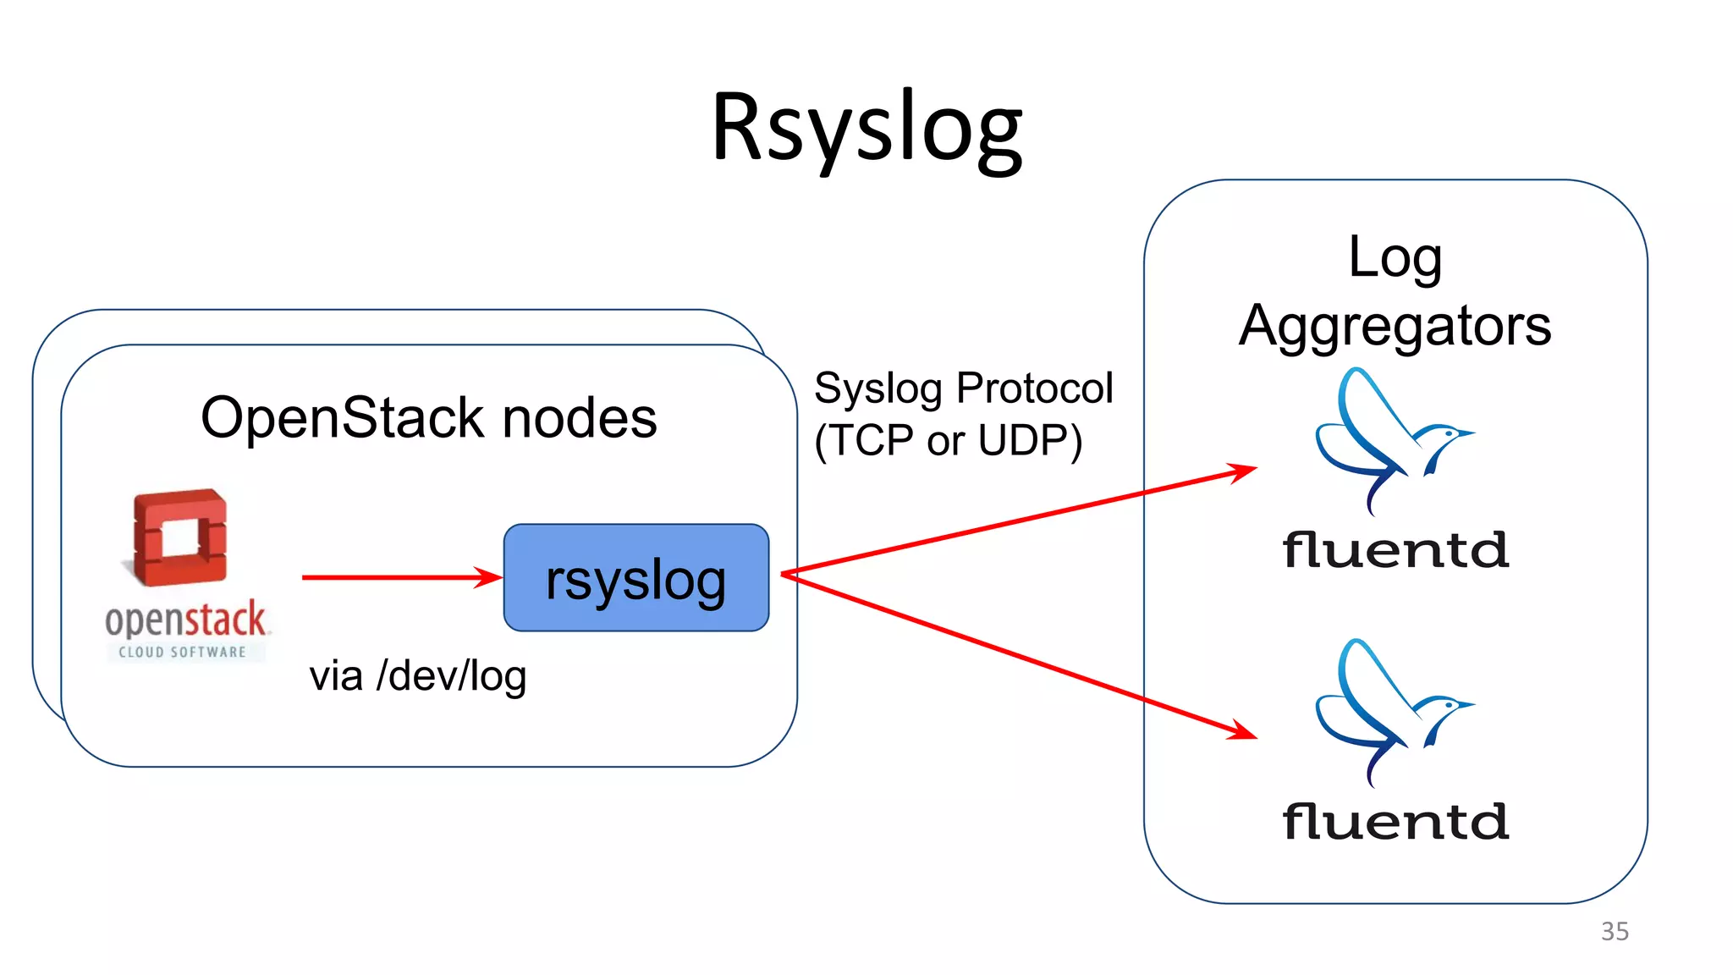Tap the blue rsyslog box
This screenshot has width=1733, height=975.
635,578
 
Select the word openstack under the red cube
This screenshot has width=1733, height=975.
185,620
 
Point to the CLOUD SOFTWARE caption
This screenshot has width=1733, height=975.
183,652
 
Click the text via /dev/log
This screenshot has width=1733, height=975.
418,676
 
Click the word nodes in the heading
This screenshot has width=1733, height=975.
580,419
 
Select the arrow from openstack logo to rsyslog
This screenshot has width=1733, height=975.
398,577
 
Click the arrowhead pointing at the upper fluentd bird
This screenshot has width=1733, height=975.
1242,471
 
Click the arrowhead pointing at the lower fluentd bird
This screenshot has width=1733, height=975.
1242,730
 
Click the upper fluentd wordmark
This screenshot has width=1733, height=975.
1395,551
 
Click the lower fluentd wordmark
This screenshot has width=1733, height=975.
1395,822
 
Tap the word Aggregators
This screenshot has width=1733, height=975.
1395,327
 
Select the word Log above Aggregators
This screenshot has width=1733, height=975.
1395,258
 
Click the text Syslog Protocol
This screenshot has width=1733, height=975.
963,389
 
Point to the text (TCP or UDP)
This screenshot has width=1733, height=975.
948,441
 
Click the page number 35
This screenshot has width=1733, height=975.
1615,931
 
